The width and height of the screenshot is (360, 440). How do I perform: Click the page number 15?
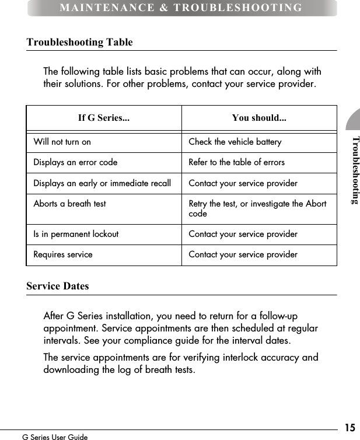tap(349, 427)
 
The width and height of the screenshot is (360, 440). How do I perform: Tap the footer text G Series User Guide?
tap(55, 436)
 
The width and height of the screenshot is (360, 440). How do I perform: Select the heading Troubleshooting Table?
tap(79, 42)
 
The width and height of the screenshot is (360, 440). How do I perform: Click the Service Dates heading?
tap(58, 286)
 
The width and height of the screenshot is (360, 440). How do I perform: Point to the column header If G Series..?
tap(104, 118)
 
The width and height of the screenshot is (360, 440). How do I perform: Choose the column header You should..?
tap(259, 118)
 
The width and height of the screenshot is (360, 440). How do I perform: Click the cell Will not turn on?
tap(62, 142)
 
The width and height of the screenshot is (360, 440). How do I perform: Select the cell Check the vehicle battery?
tap(235, 142)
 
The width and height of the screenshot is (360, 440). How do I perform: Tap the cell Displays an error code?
tap(75, 162)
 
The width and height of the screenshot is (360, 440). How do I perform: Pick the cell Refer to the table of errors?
tap(236, 162)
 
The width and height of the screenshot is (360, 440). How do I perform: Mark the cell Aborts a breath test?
tap(70, 204)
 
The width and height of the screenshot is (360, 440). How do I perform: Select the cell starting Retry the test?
tap(257, 208)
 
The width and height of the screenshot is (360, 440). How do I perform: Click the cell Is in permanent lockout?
tap(76, 234)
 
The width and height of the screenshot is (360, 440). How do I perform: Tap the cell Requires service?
tap(63, 254)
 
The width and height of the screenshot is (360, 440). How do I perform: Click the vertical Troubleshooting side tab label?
tap(355, 170)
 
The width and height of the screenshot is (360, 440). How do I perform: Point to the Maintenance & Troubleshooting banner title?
tap(181, 8)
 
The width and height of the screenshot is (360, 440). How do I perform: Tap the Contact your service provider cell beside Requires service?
tap(243, 254)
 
